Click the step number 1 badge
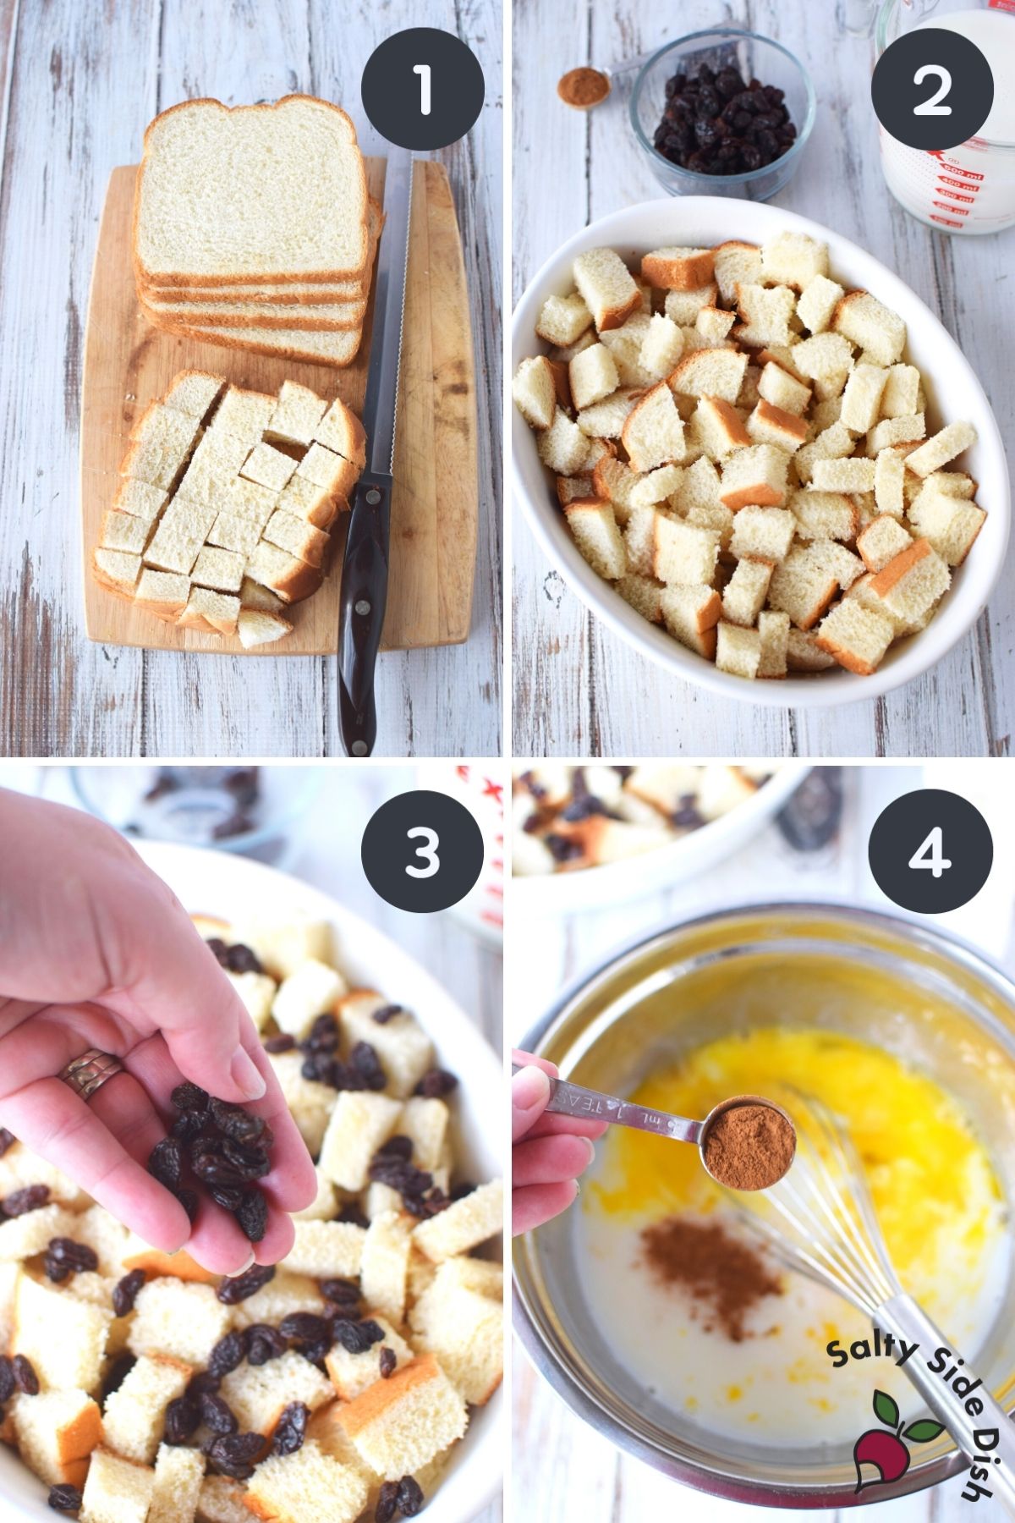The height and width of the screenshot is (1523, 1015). coord(422,88)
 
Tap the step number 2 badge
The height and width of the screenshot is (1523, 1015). coord(932,88)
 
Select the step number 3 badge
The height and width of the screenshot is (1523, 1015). coord(422,850)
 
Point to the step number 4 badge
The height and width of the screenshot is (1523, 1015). coord(932,850)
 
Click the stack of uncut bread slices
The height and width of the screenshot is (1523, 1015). coord(254,228)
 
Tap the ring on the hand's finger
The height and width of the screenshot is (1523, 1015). coord(90,1071)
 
